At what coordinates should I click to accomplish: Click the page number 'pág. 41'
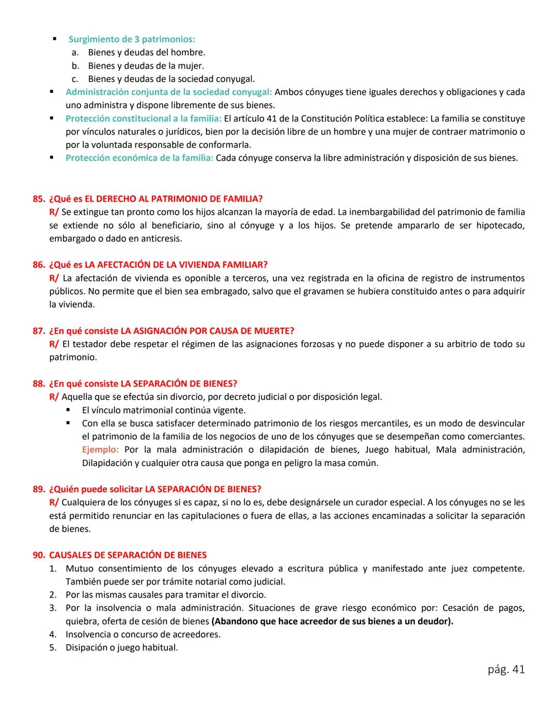pyautogui.click(x=506, y=669)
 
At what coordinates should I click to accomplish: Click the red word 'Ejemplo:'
pyautogui.click(x=100, y=450)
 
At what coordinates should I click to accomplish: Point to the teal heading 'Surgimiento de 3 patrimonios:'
pyautogui.click(x=132, y=39)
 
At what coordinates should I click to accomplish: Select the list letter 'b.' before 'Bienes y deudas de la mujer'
pyautogui.click(x=75, y=66)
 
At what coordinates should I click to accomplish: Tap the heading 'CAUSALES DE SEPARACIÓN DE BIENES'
pyautogui.click(x=128, y=555)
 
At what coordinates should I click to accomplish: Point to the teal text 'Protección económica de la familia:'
pyautogui.click(x=139, y=158)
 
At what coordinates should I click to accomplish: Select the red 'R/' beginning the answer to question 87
pyautogui.click(x=54, y=344)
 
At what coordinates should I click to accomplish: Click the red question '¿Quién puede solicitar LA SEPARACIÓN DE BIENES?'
pyautogui.click(x=155, y=489)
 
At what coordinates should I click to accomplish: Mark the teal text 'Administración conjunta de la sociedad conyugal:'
pyautogui.click(x=168, y=92)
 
